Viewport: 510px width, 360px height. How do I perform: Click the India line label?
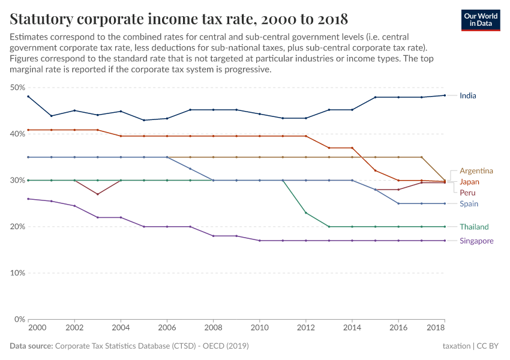pos(467,95)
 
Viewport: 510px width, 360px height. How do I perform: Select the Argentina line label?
pos(476,171)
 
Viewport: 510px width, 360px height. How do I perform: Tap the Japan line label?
pos(469,182)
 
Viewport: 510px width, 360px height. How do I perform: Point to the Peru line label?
pos(468,193)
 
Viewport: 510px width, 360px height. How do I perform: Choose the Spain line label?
pos(469,204)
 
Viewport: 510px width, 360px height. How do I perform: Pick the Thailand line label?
pos(474,227)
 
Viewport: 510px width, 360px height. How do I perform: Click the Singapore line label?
pos(476,241)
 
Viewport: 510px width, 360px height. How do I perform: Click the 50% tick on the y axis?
pos(17,88)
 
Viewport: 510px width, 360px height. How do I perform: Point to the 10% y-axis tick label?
pos(17,273)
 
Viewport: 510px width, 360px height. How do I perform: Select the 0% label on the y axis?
pos(19,319)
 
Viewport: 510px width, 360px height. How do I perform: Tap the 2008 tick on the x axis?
pos(213,329)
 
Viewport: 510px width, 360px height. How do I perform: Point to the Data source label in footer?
pos(31,346)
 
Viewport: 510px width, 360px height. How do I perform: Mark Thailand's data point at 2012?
pos(306,213)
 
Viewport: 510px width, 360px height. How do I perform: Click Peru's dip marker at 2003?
pos(98,194)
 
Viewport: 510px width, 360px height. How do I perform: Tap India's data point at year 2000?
pos(28,97)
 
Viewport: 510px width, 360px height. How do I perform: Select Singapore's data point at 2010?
pos(259,241)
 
